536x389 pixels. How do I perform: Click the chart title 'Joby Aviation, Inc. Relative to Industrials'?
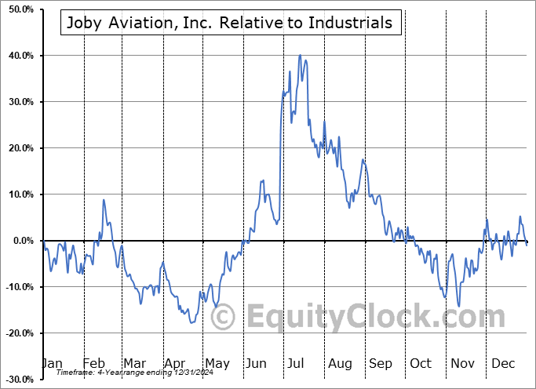pyautogui.click(x=231, y=23)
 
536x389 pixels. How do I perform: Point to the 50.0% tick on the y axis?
pyautogui.click(x=19, y=9)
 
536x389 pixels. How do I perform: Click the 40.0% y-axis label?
pyautogui.click(x=19, y=56)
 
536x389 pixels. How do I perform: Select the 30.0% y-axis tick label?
pyautogui.click(x=19, y=102)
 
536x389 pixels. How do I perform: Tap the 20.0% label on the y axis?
pyautogui.click(x=19, y=148)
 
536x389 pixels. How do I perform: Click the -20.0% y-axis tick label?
pyautogui.click(x=17, y=333)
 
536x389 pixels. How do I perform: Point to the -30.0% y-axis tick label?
pyautogui.click(x=17, y=380)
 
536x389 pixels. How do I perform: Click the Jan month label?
pyautogui.click(x=51, y=364)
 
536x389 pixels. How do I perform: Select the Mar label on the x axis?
pyautogui.click(x=134, y=364)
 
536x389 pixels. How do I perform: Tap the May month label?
pyautogui.click(x=217, y=364)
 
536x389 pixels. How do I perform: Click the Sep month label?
pyautogui.click(x=381, y=364)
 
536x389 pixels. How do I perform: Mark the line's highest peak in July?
pyautogui.click(x=300, y=56)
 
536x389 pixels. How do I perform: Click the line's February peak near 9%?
pyautogui.click(x=104, y=200)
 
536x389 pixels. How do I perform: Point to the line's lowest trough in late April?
pyautogui.click(x=191, y=322)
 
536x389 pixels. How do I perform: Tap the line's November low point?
pyautogui.click(x=459, y=306)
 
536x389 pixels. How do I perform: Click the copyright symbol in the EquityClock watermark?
pyautogui.click(x=224, y=317)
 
